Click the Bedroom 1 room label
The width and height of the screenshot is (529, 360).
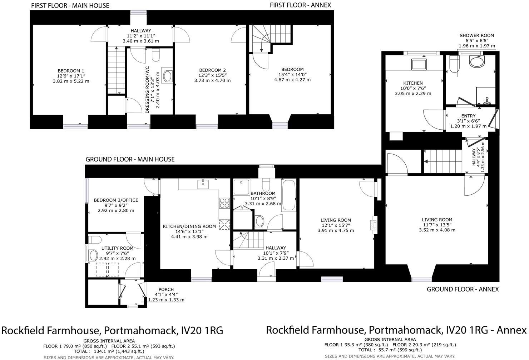(71, 71)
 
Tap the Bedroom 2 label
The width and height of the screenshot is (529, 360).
(212, 70)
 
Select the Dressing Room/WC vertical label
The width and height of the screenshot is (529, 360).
(147, 90)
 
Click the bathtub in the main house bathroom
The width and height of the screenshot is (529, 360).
(288, 196)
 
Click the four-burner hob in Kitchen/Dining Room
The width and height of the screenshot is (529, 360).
(224, 203)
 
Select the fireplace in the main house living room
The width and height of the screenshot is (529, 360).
(373, 225)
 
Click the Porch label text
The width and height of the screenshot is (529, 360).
(166, 289)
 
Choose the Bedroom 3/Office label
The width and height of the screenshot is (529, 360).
(116, 200)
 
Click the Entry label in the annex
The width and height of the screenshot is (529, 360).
(468, 116)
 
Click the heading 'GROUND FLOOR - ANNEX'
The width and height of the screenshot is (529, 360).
(463, 289)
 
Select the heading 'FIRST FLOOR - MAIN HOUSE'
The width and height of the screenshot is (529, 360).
(70, 5)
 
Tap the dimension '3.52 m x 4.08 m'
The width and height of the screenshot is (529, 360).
(437, 230)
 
